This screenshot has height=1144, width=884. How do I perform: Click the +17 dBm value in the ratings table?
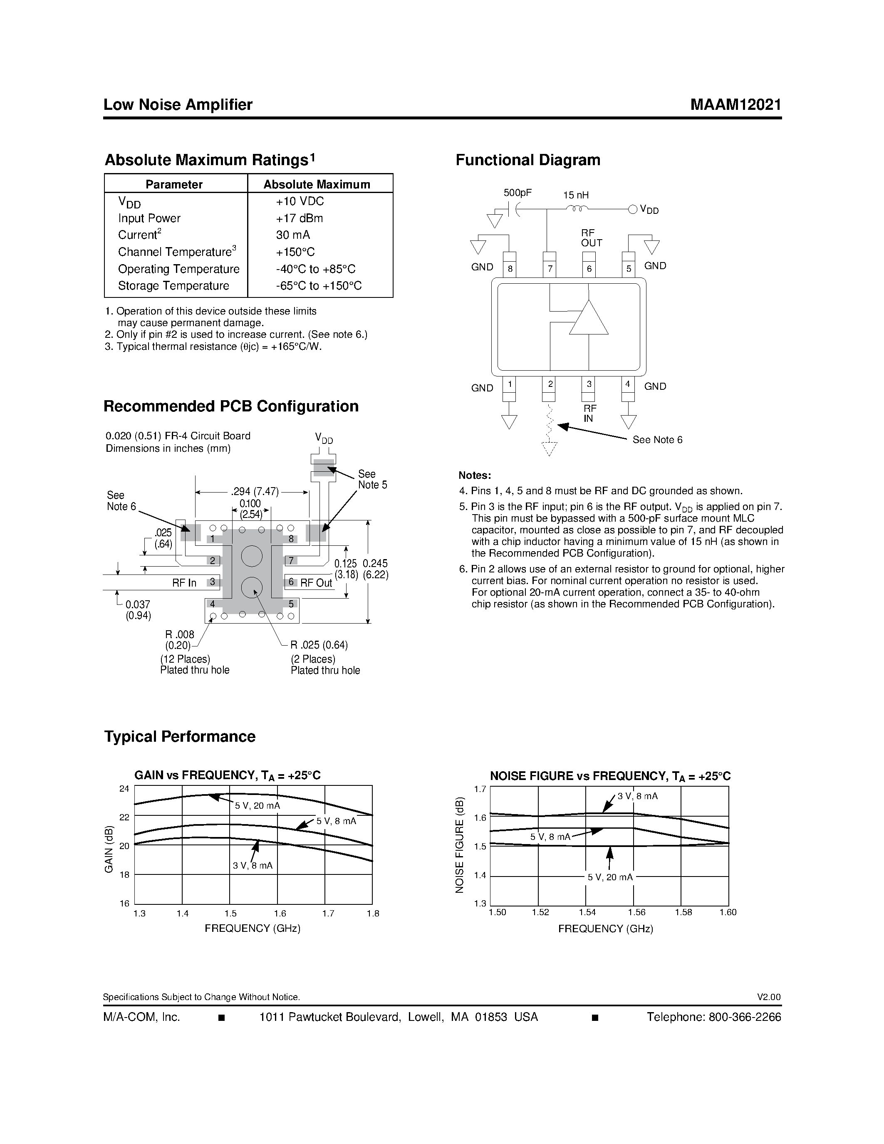coord(299,218)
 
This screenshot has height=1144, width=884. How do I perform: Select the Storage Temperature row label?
coord(173,285)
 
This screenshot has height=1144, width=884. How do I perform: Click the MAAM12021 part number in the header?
coord(735,105)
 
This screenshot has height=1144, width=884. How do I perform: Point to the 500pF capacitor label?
coord(517,193)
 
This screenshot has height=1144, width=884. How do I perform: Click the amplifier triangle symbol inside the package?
coord(589,319)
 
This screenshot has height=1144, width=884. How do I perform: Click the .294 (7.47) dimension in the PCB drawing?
coord(255,492)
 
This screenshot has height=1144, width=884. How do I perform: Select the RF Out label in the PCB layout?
coord(316,583)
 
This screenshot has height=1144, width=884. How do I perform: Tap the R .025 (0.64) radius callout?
coord(319,644)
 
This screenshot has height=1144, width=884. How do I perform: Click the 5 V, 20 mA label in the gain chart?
coord(257,806)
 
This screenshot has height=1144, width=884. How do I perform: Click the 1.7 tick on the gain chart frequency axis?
coord(328,914)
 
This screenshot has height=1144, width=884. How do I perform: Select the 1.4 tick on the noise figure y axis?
coord(480,875)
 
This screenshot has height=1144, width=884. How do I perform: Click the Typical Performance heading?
coord(180,736)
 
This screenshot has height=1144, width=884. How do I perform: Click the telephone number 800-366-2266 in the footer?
coord(744,1017)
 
